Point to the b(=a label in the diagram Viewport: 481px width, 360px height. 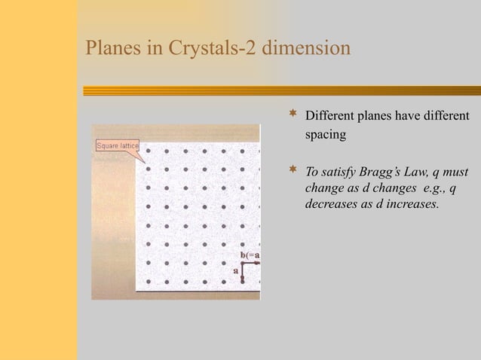point(250,255)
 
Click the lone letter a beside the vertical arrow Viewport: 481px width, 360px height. point(235,269)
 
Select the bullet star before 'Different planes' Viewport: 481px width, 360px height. point(293,115)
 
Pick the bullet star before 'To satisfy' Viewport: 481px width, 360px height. point(293,171)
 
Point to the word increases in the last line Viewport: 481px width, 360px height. point(412,203)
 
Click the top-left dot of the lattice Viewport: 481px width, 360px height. point(148,150)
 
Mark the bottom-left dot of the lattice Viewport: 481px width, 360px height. point(148,282)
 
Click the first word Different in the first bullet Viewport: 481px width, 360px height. point(329,116)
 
